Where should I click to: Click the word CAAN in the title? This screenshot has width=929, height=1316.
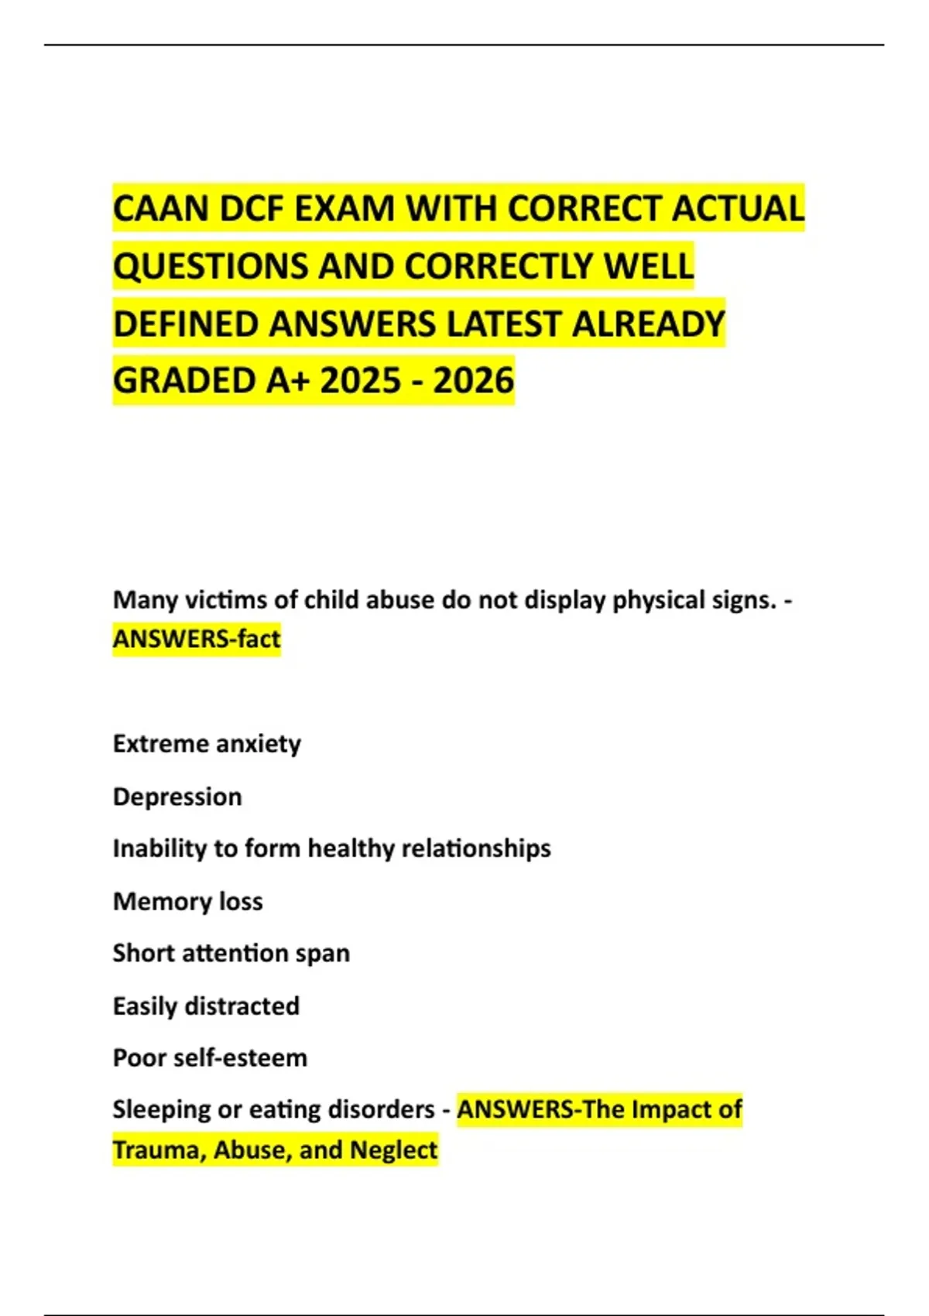[x=159, y=208]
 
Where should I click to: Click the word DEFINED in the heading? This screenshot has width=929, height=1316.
[x=185, y=324]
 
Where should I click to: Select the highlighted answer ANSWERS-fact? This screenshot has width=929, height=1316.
[x=197, y=639]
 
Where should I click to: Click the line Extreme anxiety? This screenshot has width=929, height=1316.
[x=207, y=744]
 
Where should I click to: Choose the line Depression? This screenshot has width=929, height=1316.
[x=177, y=797]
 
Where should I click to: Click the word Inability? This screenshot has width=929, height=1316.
[x=158, y=848]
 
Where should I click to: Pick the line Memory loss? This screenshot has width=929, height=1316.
[x=187, y=901]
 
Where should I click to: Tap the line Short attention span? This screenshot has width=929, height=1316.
[x=231, y=953]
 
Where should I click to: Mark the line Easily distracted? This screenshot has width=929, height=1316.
[x=206, y=1006]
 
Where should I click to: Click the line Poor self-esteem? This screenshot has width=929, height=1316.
[x=210, y=1057]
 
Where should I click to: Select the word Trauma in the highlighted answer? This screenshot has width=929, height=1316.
[x=159, y=1150]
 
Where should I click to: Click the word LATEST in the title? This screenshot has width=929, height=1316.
[x=503, y=324]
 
